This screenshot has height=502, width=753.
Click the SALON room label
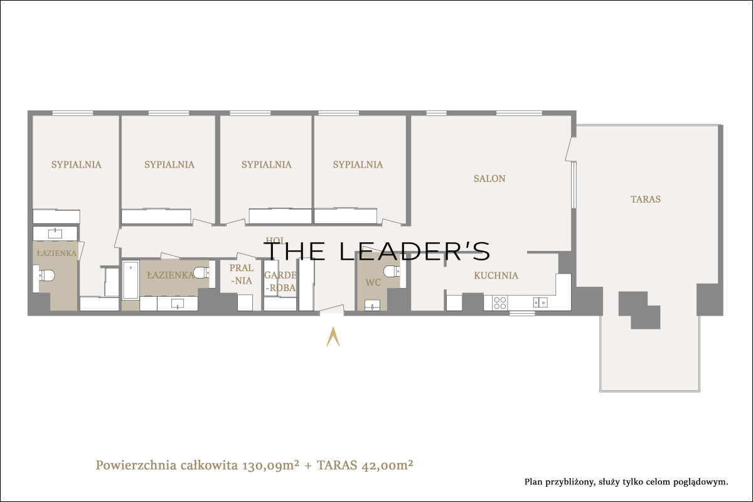[489, 179]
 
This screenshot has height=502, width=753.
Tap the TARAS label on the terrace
[646, 199]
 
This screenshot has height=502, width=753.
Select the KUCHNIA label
[496, 275]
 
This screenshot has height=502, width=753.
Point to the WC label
[373, 282]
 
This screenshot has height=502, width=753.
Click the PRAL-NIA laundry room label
[242, 274]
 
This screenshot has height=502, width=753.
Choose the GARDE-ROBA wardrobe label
[280, 281]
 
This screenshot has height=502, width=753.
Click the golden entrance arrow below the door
[333, 336]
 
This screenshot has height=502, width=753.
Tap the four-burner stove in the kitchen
[500, 302]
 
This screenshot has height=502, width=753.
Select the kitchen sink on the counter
[540, 302]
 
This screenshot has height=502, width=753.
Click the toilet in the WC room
[392, 271]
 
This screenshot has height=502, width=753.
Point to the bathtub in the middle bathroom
[131, 280]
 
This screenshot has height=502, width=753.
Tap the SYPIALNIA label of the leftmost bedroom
[76, 165]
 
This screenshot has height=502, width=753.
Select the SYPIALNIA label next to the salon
[358, 165]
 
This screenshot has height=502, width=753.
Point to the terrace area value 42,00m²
[387, 466]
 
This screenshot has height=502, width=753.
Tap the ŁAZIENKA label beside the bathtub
[171, 275]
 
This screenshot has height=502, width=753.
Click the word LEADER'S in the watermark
[415, 251]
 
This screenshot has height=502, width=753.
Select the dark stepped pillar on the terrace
[639, 310]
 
